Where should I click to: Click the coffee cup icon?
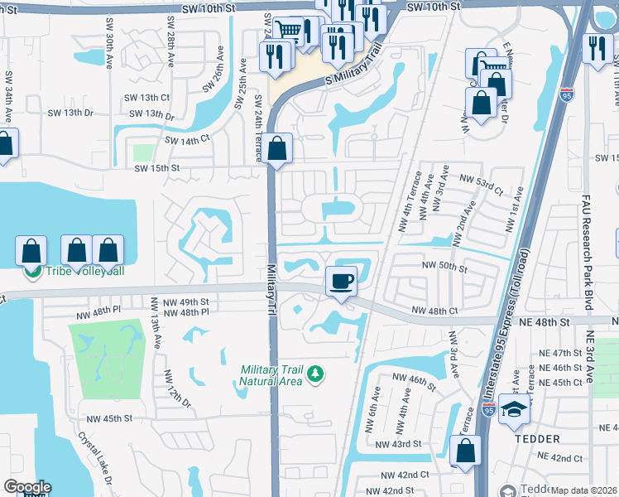pos(342,281)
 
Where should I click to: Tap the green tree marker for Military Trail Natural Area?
pos(314,375)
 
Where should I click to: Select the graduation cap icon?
pos(514,409)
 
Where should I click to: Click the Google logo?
pos(26,487)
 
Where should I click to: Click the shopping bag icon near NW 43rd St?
pos(465,451)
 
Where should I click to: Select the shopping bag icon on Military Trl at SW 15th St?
pos(279,149)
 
